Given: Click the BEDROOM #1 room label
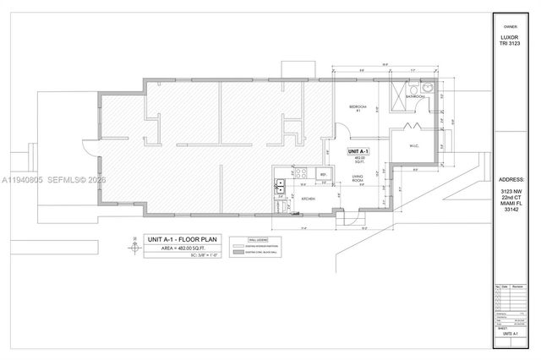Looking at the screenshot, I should click(x=357, y=108).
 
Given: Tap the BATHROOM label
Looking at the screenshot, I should click(x=415, y=97).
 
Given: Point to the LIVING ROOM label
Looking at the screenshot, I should click(x=358, y=178).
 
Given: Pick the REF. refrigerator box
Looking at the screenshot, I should click(x=322, y=174).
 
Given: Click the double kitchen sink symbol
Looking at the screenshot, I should click(x=280, y=182).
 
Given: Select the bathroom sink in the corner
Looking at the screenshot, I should click(x=428, y=87).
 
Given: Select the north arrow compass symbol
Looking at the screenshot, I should click(x=134, y=247).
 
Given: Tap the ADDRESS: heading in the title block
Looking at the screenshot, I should click(x=513, y=180).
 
